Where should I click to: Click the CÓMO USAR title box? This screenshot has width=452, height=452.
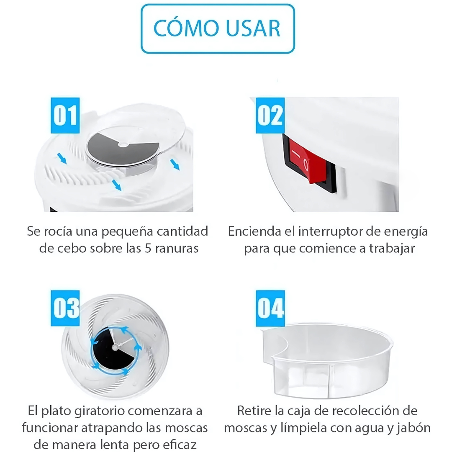(218, 28)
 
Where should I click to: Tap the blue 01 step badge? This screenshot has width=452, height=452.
(65, 116)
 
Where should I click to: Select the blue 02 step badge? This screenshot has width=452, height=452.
(270, 116)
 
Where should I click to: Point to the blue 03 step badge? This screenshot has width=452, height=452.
(65, 308)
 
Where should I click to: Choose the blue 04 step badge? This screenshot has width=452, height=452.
(270, 308)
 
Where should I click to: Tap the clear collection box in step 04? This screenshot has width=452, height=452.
(327, 360)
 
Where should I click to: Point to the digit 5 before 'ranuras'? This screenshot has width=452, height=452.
(148, 249)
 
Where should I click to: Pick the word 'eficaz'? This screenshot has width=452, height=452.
(180, 444)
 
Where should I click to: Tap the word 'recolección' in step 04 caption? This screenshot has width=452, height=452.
(363, 411)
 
